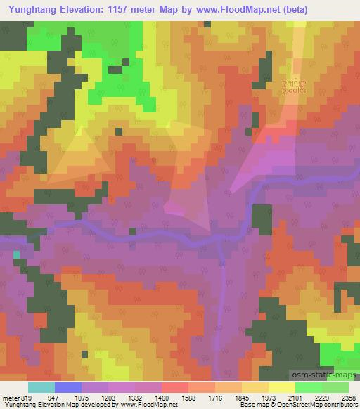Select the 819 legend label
[25, 398]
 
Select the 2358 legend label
[349, 398]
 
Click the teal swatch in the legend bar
[41, 387]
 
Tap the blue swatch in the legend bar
[68, 387]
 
